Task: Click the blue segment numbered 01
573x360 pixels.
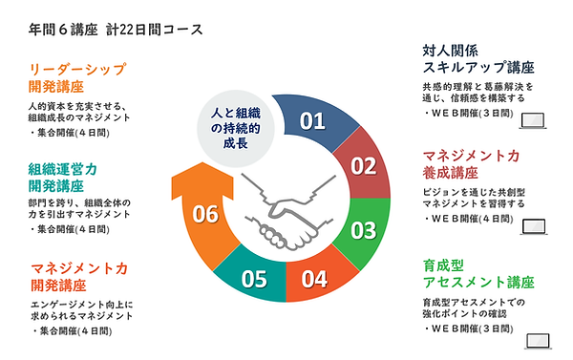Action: coord(312,121)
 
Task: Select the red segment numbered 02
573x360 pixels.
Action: coord(364,166)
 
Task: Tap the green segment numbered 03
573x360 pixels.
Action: coord(363,229)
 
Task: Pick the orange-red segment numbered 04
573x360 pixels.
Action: coord(315,279)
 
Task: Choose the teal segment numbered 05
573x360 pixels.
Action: coord(253,279)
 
